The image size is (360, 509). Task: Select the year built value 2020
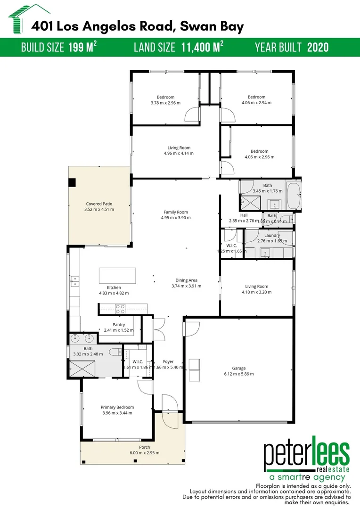318,47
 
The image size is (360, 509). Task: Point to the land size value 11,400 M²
202,47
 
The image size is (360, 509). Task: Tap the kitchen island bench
117,275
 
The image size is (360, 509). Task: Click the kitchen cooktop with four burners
120,309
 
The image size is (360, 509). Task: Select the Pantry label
119,325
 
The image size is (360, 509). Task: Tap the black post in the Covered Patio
72,183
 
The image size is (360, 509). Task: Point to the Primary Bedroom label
117,407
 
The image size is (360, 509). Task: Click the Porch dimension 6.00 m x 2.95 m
145,453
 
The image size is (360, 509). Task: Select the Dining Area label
186,280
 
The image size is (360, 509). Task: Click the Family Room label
176,212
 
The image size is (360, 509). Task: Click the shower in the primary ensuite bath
82,368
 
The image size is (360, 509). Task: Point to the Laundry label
272,235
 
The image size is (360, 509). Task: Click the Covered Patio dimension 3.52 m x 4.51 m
99,209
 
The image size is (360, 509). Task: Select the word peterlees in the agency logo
306,454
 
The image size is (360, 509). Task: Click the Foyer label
168,361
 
